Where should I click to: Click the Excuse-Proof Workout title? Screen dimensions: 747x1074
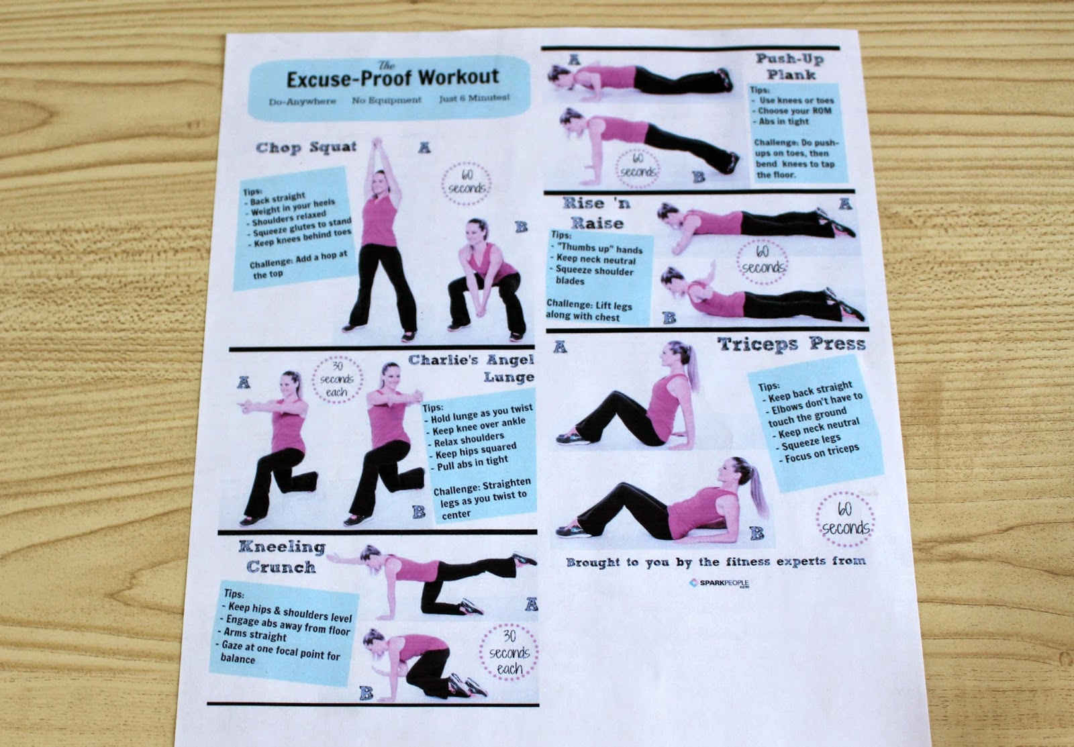click(392, 78)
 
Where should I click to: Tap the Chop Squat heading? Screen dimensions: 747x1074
click(306, 148)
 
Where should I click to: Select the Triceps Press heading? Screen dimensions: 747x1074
click(791, 345)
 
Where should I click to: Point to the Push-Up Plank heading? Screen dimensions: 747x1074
click(789, 66)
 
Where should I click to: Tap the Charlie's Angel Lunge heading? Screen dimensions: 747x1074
click(473, 368)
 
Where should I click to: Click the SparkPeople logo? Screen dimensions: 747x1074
click(720, 584)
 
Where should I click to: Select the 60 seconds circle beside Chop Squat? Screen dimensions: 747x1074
click(466, 182)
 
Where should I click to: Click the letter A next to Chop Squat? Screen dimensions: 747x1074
click(424, 147)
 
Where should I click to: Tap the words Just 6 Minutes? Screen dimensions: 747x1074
click(474, 98)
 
